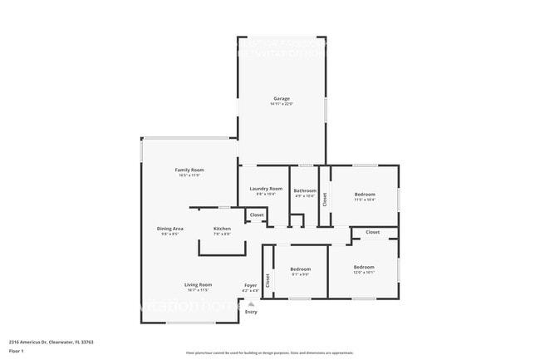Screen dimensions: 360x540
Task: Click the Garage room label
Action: point(282,98)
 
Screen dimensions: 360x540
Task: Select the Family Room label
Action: point(189,170)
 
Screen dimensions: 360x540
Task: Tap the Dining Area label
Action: point(170,228)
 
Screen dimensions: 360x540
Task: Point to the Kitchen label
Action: point(222,228)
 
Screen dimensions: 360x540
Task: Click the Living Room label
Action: point(198,284)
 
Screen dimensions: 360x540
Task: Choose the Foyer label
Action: point(250,285)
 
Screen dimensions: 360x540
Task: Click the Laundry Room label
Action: point(266,189)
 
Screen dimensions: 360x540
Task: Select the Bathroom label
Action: point(305,190)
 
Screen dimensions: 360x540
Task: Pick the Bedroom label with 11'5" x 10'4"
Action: point(365,194)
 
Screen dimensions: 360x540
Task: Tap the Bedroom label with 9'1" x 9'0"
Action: point(300,269)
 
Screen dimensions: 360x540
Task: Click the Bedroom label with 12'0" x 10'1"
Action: point(364,268)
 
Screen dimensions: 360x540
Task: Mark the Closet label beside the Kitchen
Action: point(257,215)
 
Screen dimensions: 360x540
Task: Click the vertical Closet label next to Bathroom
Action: point(325,199)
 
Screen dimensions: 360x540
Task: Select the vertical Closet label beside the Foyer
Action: point(268,281)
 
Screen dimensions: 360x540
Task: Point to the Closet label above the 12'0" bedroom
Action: point(372,232)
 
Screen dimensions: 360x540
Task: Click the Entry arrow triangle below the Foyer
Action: point(251,304)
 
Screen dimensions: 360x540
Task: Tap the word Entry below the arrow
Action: point(251,312)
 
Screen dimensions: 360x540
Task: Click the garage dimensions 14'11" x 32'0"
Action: point(282,104)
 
